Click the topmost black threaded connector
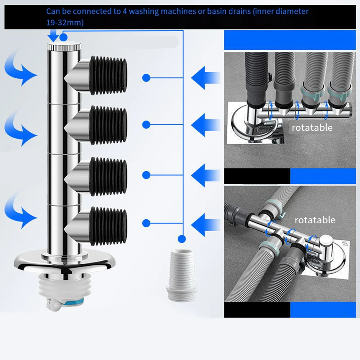click(108, 75)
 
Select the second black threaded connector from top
click(108, 125)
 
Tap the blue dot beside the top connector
click(146, 77)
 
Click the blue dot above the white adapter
click(182, 238)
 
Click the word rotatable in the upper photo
click(312, 127)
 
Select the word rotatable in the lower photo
click(315, 220)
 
